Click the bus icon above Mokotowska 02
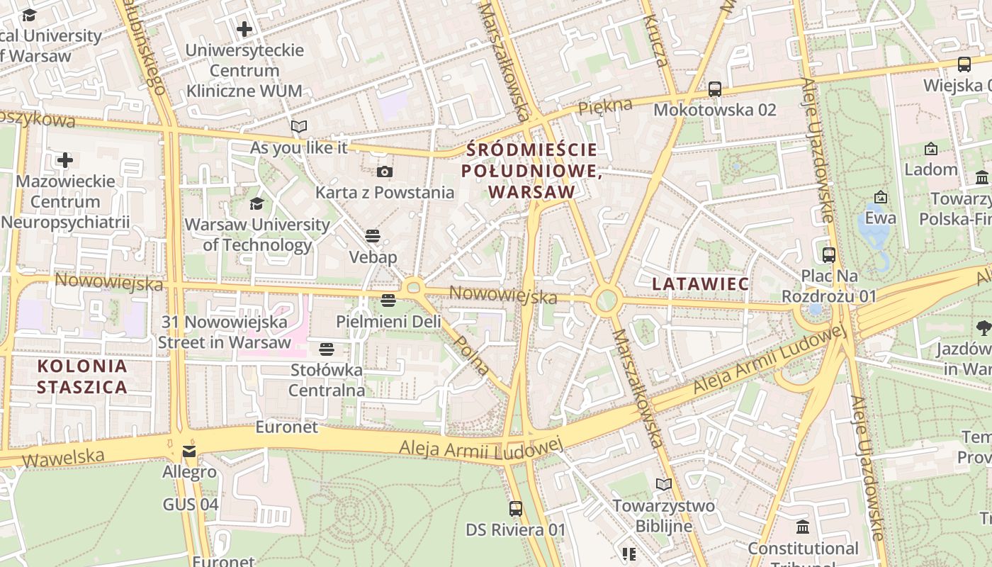pos(714,89)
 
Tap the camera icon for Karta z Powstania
pos(384,172)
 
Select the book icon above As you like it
pos(299,127)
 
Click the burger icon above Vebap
pos(373,236)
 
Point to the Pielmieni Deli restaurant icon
pos(388,301)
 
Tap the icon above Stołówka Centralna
pos(326,349)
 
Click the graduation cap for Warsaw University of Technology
pos(257,204)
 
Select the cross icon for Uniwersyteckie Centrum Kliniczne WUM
pos(244,29)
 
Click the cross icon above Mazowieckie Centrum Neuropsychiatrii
pos(65,160)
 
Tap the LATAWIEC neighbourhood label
pos(700,284)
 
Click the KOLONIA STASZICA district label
pos(82,376)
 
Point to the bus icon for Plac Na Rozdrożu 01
pos(828,255)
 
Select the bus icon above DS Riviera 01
pos(516,508)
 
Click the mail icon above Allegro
pos(189,451)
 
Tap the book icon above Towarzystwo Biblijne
pos(663,485)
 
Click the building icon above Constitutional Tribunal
pos(803,527)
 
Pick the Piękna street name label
pos(604,107)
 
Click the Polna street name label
pos(471,352)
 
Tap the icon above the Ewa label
pos(881,196)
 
